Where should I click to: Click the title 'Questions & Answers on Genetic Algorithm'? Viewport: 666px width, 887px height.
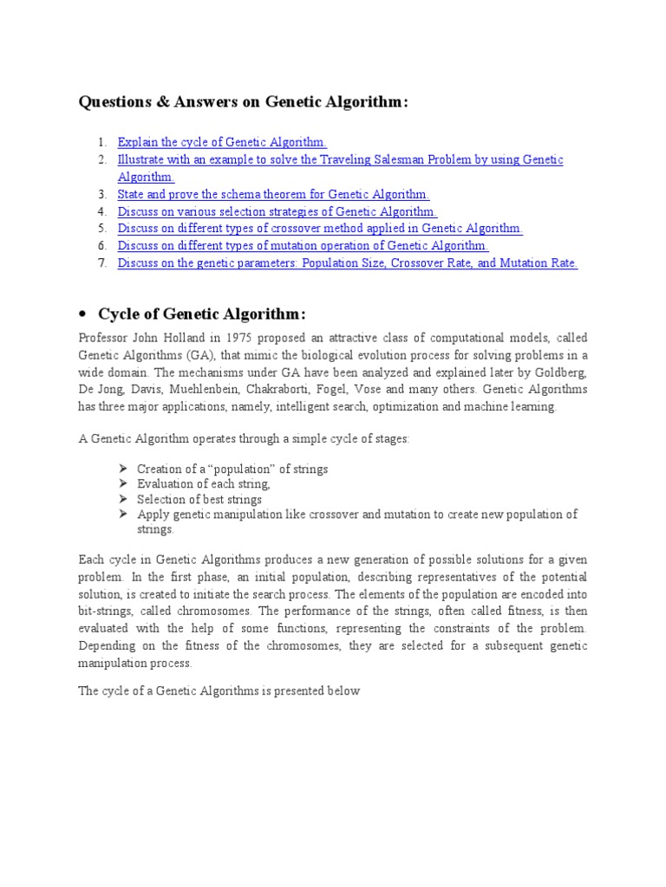pos(243,103)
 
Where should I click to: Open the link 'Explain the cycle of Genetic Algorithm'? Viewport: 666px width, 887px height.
pos(222,142)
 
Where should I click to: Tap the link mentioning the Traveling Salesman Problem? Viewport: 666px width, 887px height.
pos(340,160)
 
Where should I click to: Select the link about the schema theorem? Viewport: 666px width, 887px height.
pos(273,195)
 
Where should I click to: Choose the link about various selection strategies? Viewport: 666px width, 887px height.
pos(277,212)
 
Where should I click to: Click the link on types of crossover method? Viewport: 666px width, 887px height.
pos(320,230)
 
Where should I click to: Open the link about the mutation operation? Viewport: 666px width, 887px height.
pos(304,247)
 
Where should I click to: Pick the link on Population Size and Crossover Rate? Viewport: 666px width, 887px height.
pos(347,264)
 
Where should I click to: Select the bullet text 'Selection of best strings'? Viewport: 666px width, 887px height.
pos(199,500)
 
